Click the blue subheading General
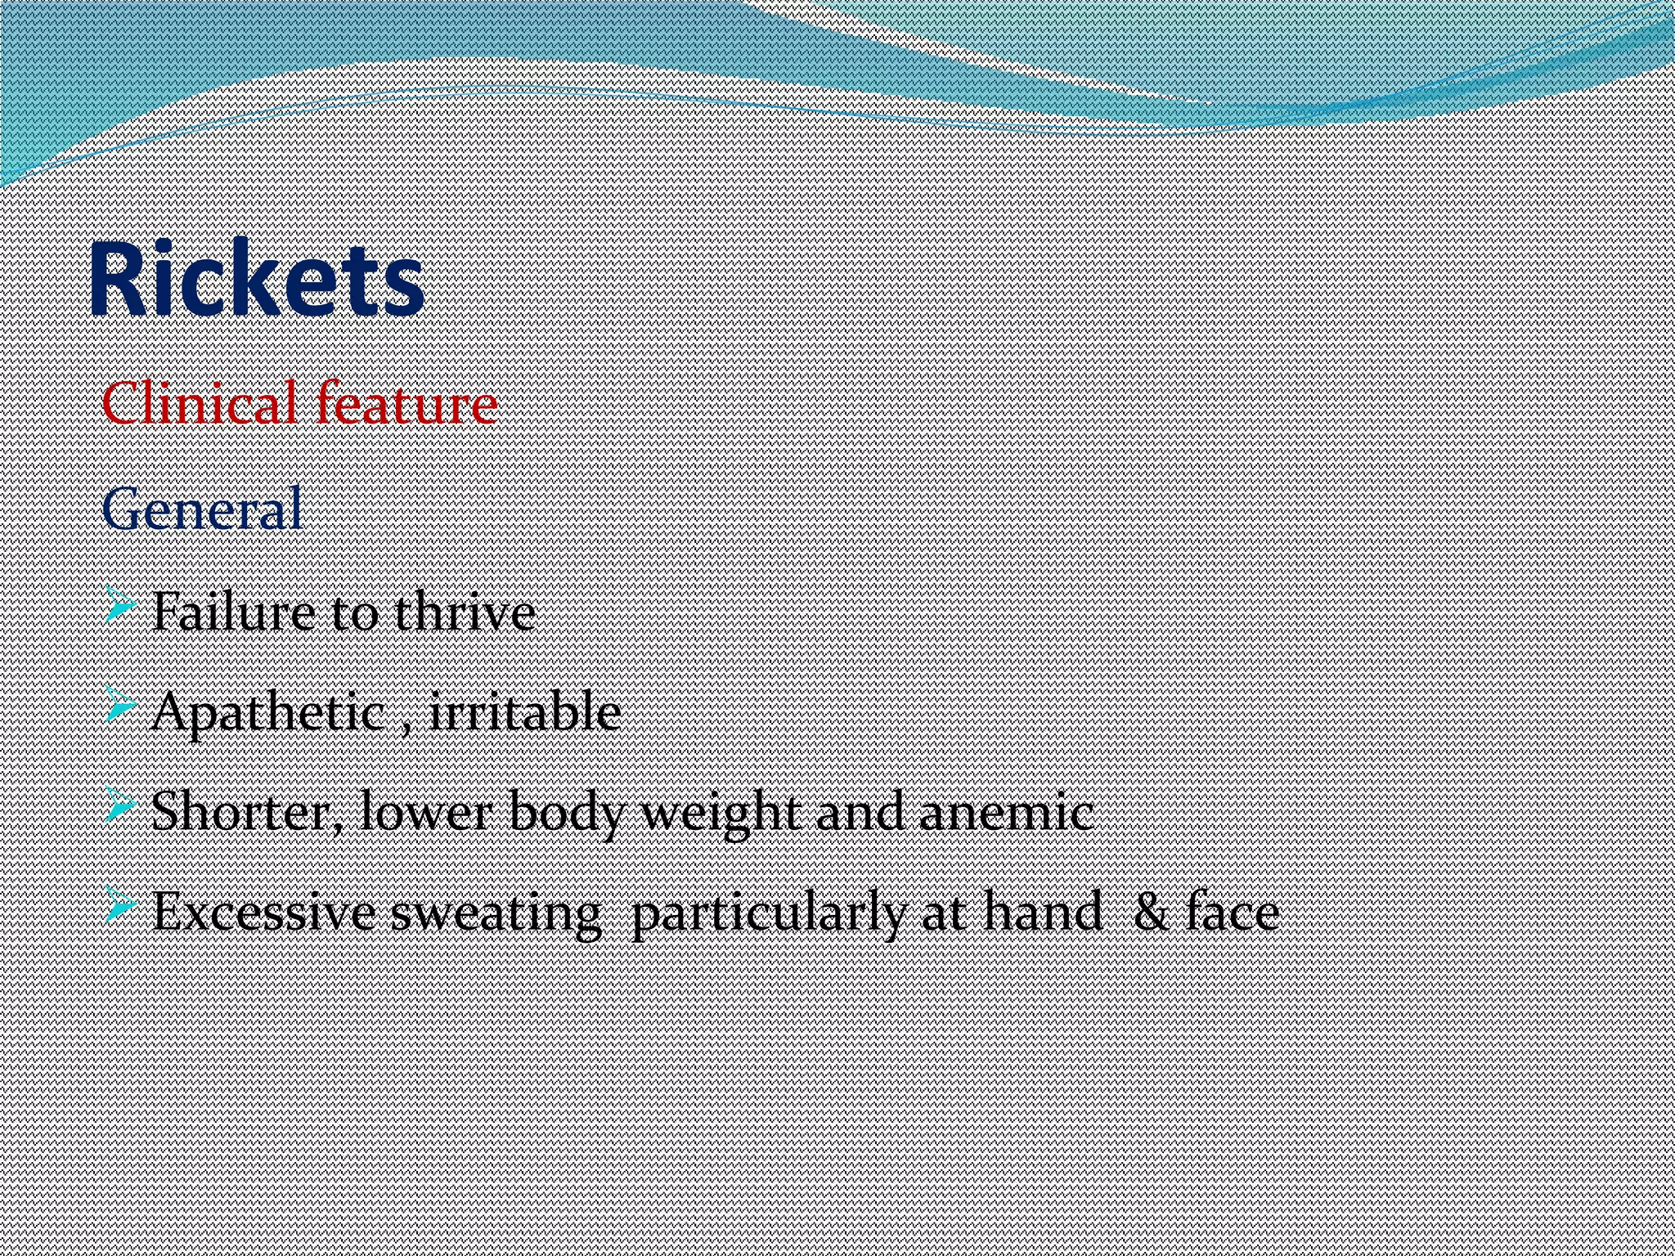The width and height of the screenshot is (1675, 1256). pyautogui.click(x=202, y=509)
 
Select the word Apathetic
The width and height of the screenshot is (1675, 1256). pyautogui.click(x=267, y=713)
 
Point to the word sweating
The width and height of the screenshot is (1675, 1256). pyautogui.click(x=496, y=914)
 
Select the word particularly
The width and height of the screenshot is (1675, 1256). pyautogui.click(x=769, y=914)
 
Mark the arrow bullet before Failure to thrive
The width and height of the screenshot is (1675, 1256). pyautogui.click(x=121, y=610)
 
